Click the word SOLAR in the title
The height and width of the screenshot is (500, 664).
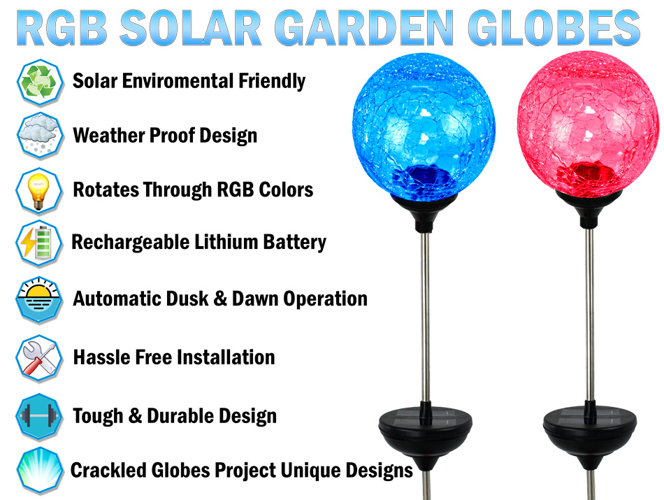pyautogui.click(x=191, y=28)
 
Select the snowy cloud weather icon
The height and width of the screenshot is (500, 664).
pyautogui.click(x=40, y=136)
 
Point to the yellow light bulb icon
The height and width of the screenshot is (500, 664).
pyautogui.click(x=39, y=191)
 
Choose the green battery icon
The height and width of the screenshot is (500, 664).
pyautogui.click(x=39, y=243)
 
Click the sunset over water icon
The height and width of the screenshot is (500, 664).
pyautogui.click(x=39, y=300)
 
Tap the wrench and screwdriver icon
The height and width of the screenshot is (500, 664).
pyautogui.click(x=39, y=359)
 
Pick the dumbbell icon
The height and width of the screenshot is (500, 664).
pyautogui.click(x=39, y=417)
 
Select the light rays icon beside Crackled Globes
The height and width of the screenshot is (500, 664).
pyautogui.click(x=40, y=471)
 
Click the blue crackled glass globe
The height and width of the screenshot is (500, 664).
pyautogui.click(x=424, y=126)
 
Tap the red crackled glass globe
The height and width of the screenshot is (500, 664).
pyautogui.click(x=588, y=125)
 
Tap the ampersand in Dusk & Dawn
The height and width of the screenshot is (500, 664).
pyautogui.click(x=220, y=299)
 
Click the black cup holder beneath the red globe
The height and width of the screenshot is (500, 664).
pyautogui.click(x=589, y=208)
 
